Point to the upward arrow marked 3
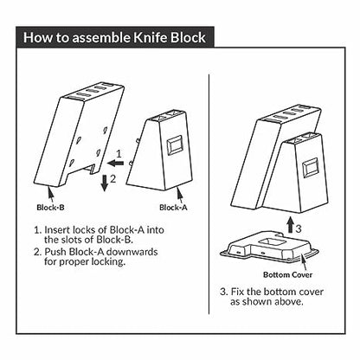click(286, 228)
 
